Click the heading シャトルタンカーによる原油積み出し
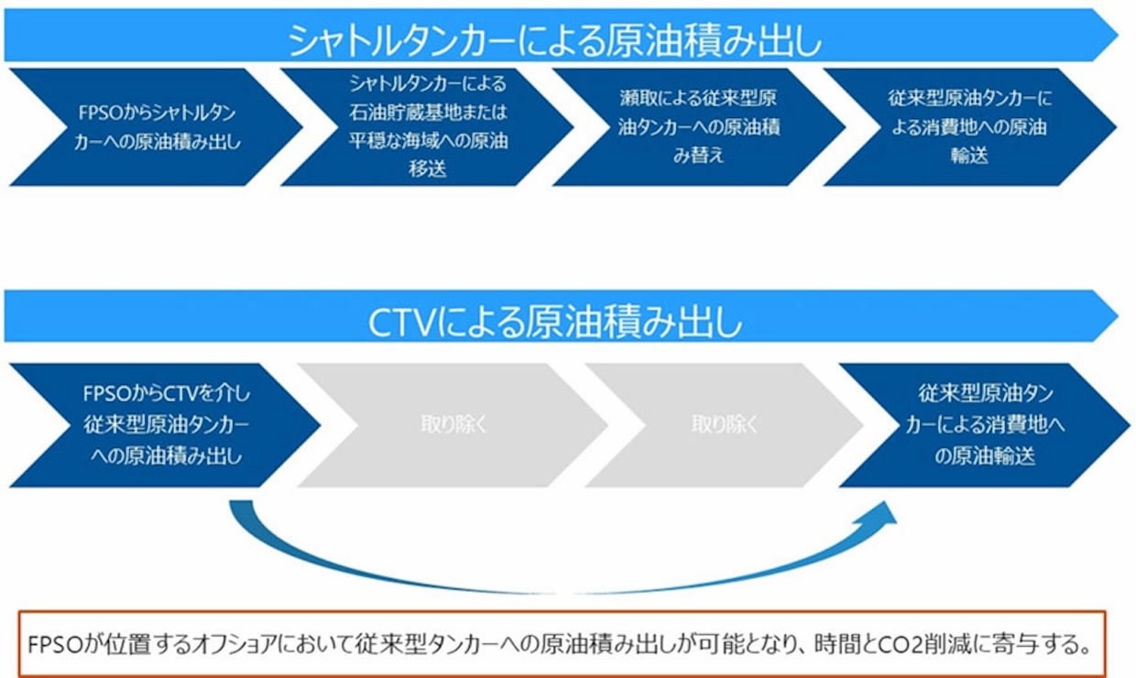tap(555, 40)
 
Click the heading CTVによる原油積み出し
tap(555, 322)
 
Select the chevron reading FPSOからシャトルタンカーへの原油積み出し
tap(156, 127)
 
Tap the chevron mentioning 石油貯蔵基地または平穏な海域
tap(427, 127)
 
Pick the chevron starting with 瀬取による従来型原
tap(698, 127)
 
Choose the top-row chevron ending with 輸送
tap(969, 127)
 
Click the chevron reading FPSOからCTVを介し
tap(165, 425)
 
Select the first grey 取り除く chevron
tap(453, 425)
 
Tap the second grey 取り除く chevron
tap(724, 425)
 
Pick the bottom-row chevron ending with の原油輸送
tap(985, 425)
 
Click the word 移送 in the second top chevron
tap(428, 169)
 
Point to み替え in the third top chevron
tap(698, 155)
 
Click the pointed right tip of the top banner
tap(1118, 35)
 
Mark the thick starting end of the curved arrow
tap(241, 503)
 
